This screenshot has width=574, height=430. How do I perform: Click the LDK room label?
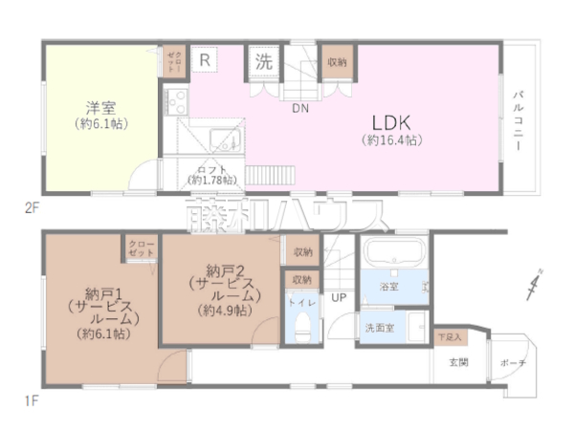pos(392,121)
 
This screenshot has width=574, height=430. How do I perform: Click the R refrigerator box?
pos(205,59)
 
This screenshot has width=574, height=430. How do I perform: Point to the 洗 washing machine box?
pos(264,62)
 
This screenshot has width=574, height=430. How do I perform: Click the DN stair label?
pos(300,108)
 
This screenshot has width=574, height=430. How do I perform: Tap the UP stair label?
pos(339,297)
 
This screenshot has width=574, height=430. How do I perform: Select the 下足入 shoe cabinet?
pos(449,337)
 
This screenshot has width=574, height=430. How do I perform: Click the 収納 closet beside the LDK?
pos(336,62)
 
